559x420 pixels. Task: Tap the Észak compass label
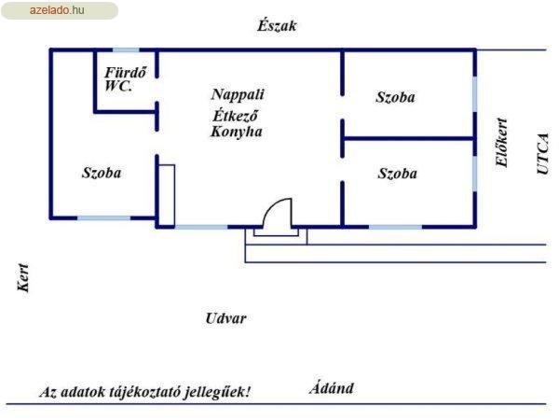[277, 26]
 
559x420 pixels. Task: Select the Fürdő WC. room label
[125, 79]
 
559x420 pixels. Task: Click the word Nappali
[238, 94]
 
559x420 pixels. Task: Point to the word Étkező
[236, 115]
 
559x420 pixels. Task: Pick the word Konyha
[237, 132]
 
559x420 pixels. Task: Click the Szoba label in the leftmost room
[102, 173]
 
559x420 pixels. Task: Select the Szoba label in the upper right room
[395, 97]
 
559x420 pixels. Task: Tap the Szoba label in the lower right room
[398, 174]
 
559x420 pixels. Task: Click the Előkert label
[501, 142]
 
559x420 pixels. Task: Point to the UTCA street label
[542, 154]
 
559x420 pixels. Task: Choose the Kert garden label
[23, 277]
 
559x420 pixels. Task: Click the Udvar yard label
[226, 318]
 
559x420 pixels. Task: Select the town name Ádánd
[332, 388]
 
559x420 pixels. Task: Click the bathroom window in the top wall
[126, 50]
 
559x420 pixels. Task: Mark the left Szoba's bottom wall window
[104, 217]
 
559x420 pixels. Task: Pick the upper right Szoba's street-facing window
[475, 94]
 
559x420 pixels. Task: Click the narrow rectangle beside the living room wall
[167, 195]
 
